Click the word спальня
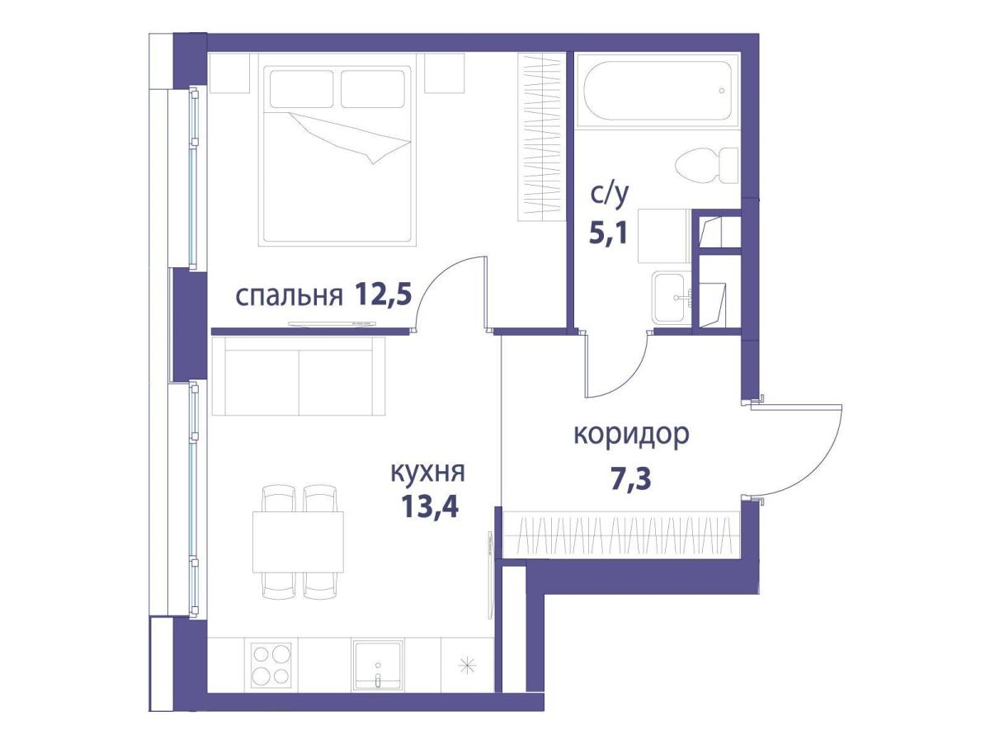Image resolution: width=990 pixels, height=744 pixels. click(288, 296)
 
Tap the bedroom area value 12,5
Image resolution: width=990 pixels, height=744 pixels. click(383, 294)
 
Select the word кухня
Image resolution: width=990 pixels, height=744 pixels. click(427, 473)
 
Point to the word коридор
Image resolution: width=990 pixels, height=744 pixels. click(630, 435)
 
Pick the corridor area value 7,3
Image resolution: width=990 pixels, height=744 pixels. click(631, 478)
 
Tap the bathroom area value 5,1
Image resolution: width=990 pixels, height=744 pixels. click(608, 233)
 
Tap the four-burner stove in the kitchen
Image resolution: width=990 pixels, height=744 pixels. click(271, 664)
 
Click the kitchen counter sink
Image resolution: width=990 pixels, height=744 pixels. click(377, 665)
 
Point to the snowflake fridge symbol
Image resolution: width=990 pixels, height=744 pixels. click(468, 664)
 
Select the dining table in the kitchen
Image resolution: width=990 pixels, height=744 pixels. click(298, 540)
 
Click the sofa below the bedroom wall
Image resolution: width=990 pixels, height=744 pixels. click(299, 376)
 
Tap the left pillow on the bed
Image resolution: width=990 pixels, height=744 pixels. click(301, 87)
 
